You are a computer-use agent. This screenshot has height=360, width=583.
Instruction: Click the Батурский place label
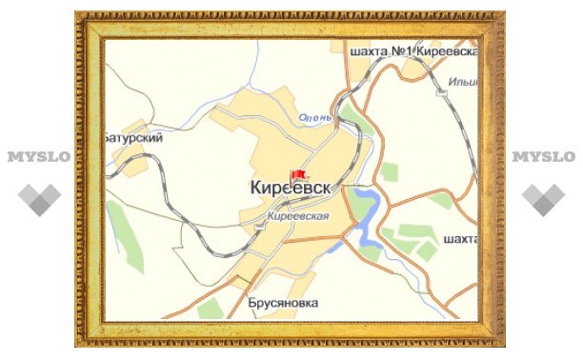134,138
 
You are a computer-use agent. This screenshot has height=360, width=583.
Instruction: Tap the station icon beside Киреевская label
259,226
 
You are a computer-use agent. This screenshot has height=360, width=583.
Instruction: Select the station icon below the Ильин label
441,93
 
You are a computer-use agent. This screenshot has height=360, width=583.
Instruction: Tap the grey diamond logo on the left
39,197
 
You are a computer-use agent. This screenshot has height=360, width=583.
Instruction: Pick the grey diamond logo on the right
544,197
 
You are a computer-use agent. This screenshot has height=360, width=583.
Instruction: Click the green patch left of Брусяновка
211,308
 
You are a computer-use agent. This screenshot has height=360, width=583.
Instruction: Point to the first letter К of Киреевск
256,190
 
